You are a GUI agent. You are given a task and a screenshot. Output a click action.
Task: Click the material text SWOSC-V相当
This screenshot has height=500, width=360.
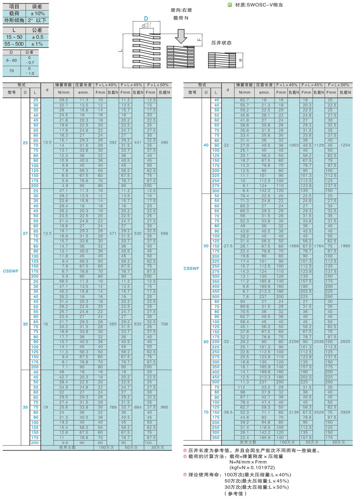click(x=264, y=5)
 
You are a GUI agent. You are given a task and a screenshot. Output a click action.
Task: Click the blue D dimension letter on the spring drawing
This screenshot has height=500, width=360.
click(x=146, y=19)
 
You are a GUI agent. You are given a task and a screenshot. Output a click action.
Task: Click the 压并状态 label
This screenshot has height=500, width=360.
click(x=221, y=43)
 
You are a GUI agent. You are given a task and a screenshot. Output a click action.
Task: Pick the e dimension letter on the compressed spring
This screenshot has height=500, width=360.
click(x=241, y=60)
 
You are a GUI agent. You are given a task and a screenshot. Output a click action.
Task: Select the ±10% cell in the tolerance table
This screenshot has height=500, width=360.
click(x=37, y=13)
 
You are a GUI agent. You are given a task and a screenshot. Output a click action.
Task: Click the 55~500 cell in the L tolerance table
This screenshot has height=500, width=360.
click(x=14, y=44)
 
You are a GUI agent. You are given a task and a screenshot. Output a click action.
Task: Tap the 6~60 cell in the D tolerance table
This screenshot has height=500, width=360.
click(x=11, y=60)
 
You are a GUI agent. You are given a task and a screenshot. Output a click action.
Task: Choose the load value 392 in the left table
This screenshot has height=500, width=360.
click(x=113, y=143)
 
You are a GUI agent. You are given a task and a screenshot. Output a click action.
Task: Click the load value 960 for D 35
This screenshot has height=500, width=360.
click(x=164, y=407)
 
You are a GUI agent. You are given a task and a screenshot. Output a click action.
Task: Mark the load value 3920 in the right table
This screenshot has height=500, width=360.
click(x=345, y=412)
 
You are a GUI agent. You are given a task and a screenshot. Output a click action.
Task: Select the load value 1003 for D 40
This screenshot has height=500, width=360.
click(x=294, y=145)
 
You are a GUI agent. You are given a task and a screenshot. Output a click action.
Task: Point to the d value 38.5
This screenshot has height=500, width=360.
click(x=227, y=412)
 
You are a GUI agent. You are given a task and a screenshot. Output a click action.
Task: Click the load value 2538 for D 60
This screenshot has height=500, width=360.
click(x=319, y=342)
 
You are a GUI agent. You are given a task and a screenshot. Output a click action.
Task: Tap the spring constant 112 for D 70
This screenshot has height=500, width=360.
click(x=242, y=387)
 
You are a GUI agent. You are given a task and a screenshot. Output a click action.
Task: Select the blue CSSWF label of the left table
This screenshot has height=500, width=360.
click(x=11, y=271)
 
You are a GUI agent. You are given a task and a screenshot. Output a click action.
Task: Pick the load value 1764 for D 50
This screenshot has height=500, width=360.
click(x=319, y=246)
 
